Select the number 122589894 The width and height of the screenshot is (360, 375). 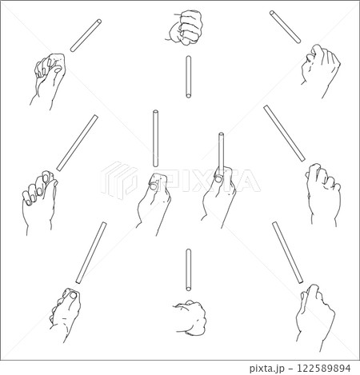pos(324,368)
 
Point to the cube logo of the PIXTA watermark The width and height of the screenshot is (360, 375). pos(119,180)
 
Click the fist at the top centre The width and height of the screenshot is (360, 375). pos(186,26)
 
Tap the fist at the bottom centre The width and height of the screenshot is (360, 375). pos(190,317)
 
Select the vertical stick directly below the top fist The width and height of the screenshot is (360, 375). pos(188,77)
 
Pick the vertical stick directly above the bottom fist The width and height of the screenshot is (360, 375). pos(188,269)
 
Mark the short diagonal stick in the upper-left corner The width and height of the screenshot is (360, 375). pos(86,35)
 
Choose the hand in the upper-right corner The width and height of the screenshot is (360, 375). pos(320,70)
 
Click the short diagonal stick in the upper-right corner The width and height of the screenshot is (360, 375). pos(285,26)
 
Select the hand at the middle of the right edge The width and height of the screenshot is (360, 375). pos(324,194)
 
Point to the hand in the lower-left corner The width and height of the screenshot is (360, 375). pos(66,313)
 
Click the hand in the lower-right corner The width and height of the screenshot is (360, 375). pos(314,317)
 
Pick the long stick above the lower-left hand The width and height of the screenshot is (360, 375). pos(91,253)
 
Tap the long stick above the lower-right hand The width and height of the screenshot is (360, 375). pos(288,253)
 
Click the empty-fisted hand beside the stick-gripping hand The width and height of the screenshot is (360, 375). pos(154,202)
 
